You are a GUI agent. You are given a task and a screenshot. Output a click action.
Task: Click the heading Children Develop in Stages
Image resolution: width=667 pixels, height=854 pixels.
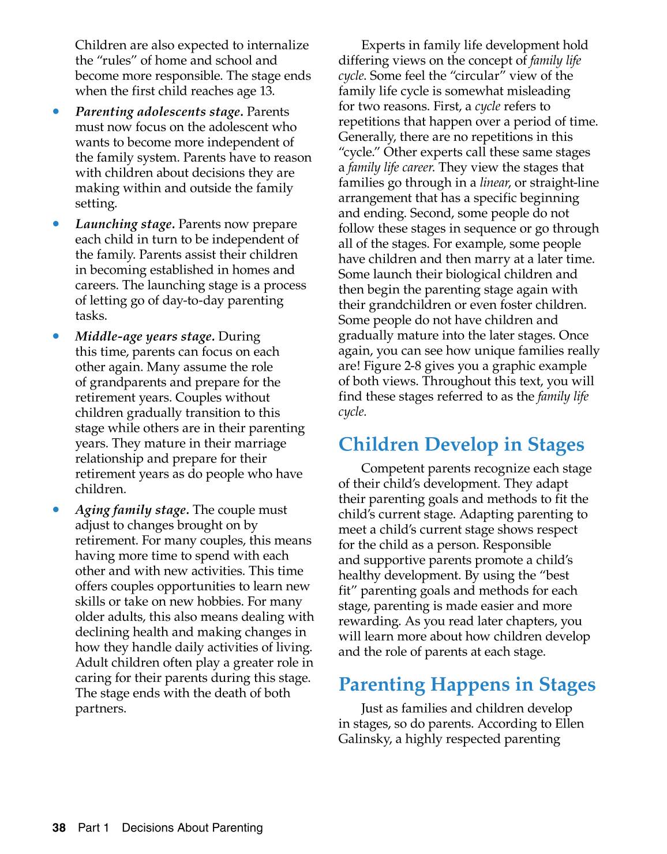[x=461, y=445]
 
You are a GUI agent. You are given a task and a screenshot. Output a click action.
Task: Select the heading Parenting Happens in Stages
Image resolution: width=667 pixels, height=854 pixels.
[x=467, y=684]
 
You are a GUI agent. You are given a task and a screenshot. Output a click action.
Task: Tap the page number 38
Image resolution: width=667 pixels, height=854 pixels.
[x=59, y=827]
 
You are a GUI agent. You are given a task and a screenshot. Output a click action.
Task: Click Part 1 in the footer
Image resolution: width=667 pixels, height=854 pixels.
[x=93, y=827]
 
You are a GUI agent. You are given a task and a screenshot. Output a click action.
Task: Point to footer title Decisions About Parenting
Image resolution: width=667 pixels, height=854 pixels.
[x=192, y=827]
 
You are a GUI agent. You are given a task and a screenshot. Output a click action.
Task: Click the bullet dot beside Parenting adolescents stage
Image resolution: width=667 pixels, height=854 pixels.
[x=56, y=111]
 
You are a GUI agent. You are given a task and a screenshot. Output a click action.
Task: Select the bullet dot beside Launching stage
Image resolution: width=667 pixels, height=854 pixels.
[x=56, y=224]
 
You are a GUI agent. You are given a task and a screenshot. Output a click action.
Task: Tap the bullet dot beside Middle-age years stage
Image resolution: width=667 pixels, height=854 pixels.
[x=56, y=336]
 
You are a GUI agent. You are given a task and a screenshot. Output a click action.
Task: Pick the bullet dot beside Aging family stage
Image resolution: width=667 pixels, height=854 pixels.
[x=56, y=509]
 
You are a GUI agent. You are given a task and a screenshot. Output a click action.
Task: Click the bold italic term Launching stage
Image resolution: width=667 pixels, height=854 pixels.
[x=125, y=224]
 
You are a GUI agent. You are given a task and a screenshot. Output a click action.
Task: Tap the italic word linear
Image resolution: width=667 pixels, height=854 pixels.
[x=494, y=182]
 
